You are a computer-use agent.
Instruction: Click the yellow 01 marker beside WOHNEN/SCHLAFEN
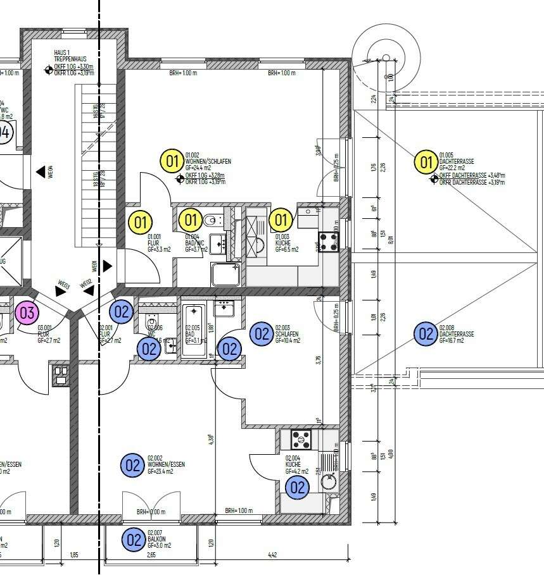point(172,161)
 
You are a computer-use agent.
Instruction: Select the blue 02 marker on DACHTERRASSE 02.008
point(425,333)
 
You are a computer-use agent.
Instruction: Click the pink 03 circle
point(27,312)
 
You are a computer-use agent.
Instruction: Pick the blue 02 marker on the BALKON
point(134,540)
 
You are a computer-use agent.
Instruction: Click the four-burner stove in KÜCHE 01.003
point(329,240)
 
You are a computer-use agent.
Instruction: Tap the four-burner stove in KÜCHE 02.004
point(301,438)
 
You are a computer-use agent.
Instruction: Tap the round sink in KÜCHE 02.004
point(329,482)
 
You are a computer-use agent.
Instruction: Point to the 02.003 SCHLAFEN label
point(286,331)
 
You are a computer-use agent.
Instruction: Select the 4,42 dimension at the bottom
point(272,555)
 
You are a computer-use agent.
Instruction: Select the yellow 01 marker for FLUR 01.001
point(141,222)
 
